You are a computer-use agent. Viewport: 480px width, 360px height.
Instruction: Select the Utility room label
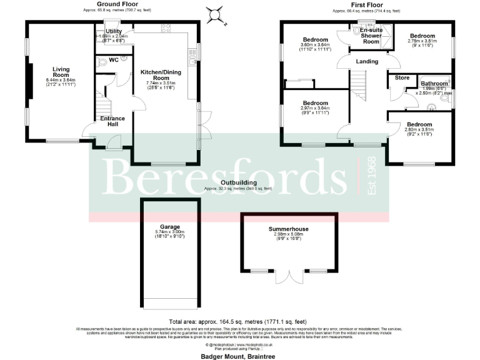point(114,31)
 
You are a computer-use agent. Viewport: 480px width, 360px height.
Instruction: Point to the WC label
point(114,60)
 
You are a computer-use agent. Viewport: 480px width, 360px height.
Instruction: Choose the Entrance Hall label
point(113,121)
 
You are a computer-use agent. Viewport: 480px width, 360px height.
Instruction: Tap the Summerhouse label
point(289,229)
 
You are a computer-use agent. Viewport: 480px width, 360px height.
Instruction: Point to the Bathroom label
point(434,83)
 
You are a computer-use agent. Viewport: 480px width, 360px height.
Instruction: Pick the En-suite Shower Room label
point(371,35)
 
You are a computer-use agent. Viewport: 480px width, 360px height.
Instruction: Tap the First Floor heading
point(367,4)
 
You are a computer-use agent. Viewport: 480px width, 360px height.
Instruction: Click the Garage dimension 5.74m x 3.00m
point(169,232)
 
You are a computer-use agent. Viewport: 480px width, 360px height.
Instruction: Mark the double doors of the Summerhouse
point(289,276)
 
